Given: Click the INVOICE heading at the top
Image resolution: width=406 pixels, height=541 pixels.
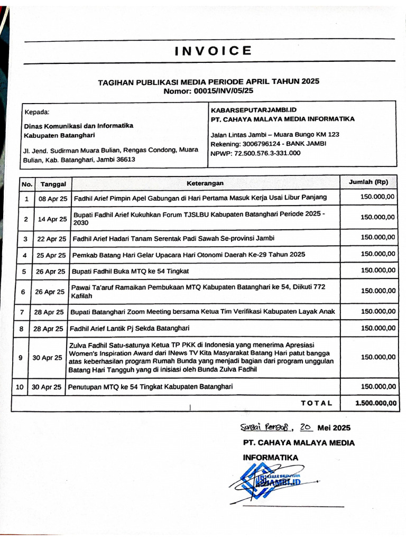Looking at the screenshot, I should coord(213,51).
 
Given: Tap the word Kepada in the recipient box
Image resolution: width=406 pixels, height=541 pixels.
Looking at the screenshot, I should coord(36,112).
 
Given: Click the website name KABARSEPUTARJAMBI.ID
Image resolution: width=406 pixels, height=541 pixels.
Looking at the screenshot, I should coord(251,110).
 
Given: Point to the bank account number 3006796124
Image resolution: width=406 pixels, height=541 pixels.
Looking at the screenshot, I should coord(260,144).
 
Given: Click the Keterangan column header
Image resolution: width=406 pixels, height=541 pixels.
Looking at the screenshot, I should coord(205,183).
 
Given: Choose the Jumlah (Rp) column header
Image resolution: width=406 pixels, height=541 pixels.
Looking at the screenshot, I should coord(368,182).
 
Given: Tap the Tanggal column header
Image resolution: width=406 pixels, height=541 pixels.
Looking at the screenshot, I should coord(53,184).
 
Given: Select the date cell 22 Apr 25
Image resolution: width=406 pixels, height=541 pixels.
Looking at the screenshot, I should coord(52,239).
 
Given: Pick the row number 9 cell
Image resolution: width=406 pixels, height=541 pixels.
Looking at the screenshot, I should coord(20,358).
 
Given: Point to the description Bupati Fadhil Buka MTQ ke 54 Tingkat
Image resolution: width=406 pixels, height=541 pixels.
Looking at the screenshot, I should coord(130,271).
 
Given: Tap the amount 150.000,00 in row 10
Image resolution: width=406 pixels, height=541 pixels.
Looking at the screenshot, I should coord(377,387).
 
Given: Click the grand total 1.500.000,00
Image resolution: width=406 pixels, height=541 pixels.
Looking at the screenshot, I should coord(375,403).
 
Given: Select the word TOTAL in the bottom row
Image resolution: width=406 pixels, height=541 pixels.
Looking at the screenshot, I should coord(317,403).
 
